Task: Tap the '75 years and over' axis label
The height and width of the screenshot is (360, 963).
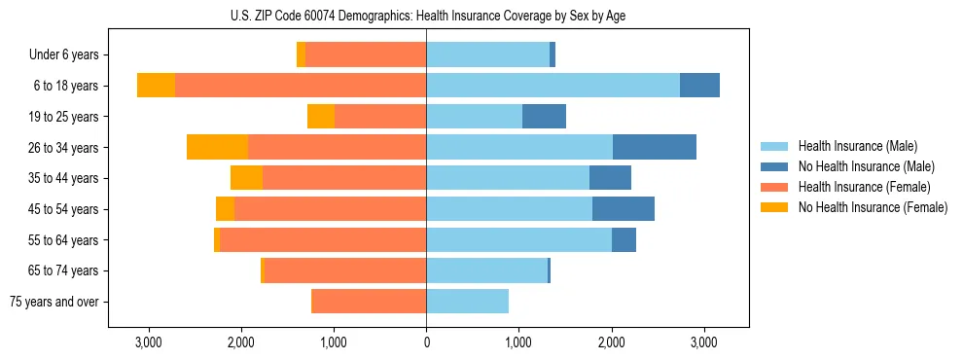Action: tap(54, 302)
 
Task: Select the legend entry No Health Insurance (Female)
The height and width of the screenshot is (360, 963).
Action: tap(872, 207)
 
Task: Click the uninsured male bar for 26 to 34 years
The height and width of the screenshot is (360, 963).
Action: tap(655, 147)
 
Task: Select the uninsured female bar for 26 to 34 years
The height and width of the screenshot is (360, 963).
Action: tap(217, 147)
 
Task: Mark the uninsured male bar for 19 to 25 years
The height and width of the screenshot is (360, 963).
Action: tap(544, 117)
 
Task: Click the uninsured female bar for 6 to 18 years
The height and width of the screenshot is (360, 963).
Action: tap(156, 86)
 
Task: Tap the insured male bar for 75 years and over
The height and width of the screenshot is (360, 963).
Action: tap(467, 302)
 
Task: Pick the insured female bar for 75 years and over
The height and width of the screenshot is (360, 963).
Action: tap(369, 302)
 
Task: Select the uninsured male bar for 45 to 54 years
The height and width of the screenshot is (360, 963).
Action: tap(624, 209)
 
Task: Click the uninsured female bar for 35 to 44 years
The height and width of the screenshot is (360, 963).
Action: tap(246, 178)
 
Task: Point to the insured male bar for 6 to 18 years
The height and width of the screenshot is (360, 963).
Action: tap(553, 86)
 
